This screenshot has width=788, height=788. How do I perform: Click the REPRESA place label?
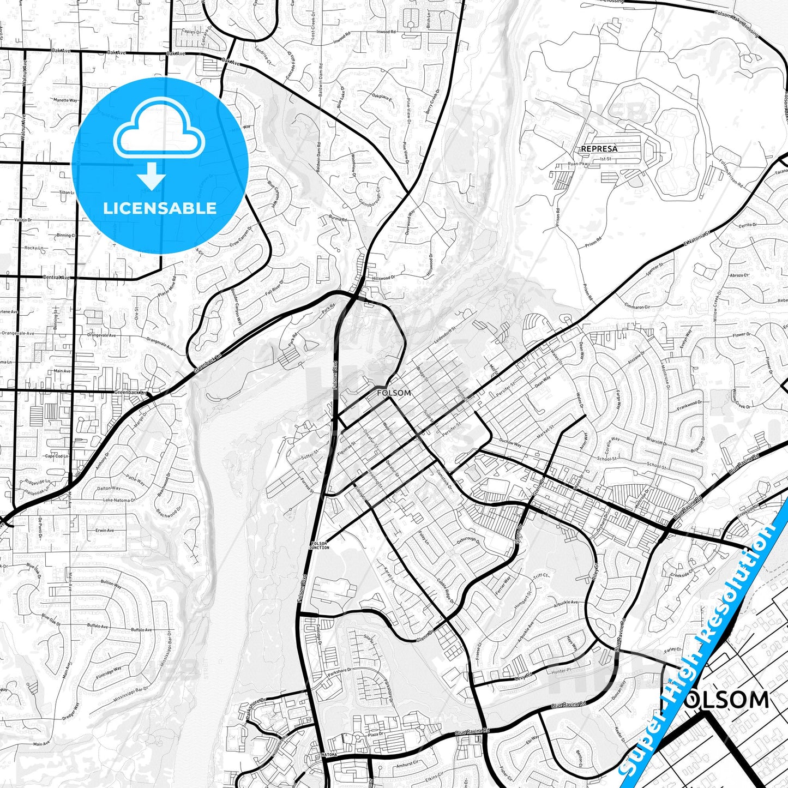[599, 148]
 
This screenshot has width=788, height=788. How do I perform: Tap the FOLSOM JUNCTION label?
[320, 546]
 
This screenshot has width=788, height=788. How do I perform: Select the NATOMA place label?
[329, 754]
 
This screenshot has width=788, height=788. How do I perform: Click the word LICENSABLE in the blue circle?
[160, 208]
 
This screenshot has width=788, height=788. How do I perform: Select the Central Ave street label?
[56, 278]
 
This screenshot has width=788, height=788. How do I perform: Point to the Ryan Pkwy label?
[579, 164]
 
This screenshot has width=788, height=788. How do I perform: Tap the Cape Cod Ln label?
[57, 456]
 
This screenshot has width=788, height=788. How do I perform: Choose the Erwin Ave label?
[104, 530]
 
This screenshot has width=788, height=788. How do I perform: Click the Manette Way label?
[65, 100]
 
